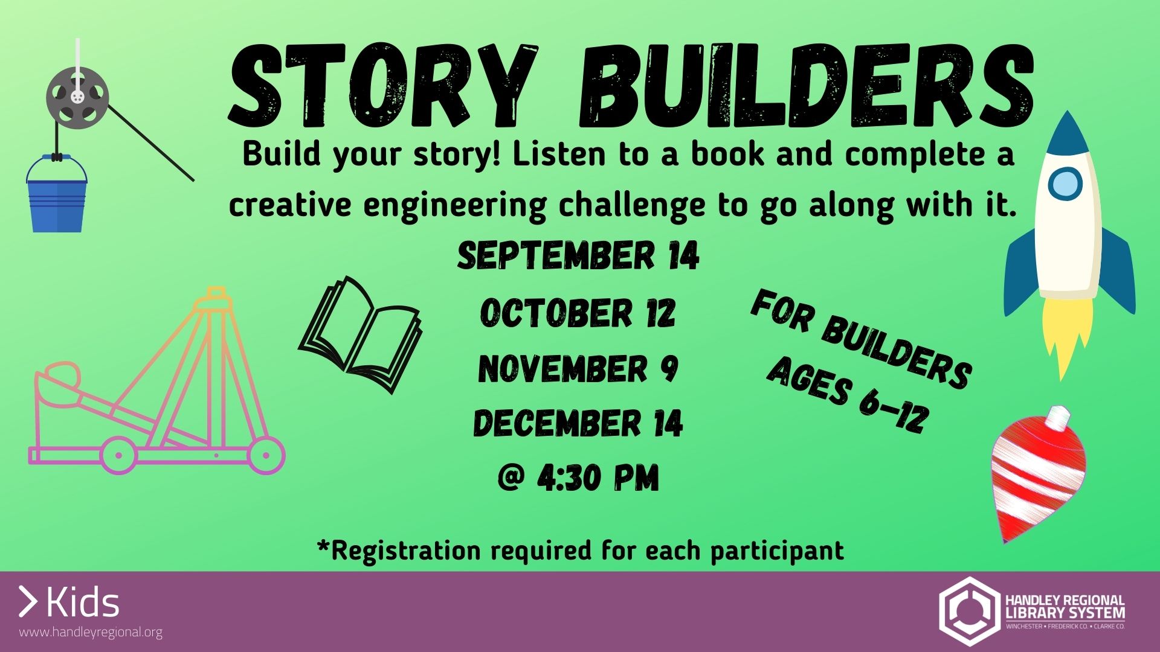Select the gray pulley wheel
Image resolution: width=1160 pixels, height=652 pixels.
77,97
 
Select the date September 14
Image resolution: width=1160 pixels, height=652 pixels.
578,255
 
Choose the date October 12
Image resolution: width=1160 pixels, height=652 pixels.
578,313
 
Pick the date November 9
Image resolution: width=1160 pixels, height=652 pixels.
578,369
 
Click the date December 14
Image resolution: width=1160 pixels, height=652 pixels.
578,423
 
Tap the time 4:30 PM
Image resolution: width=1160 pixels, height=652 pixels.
578,478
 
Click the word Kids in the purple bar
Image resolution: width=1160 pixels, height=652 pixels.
83,602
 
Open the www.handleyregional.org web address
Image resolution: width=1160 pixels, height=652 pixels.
91,633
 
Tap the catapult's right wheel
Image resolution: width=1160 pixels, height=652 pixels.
266,455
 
